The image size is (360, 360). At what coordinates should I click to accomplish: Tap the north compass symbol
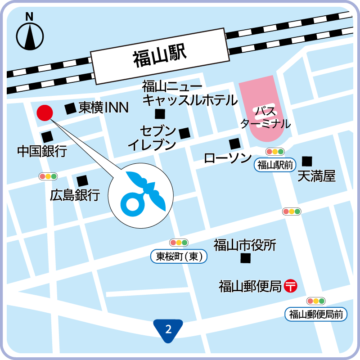point(30,33)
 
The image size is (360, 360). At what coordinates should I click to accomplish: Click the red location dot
point(45,112)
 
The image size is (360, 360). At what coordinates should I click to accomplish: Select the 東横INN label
point(103,108)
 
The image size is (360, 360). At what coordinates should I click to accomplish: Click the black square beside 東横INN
point(70,108)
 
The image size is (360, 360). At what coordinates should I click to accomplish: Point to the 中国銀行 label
point(42,151)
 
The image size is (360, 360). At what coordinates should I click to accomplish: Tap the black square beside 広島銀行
point(82,181)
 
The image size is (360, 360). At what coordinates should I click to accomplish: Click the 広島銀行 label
point(75,195)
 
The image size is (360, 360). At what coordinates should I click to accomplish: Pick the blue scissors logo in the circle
point(141,194)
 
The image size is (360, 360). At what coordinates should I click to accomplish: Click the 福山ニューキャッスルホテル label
point(189,93)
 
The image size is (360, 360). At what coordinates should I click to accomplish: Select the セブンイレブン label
point(152,138)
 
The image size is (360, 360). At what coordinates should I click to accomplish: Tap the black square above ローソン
point(234,144)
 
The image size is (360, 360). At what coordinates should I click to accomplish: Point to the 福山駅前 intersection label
point(275,165)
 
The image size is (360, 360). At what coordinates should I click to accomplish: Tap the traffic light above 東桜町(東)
point(179,243)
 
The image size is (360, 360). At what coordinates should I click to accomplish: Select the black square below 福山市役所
point(245,258)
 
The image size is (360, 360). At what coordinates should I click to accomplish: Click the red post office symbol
point(291,286)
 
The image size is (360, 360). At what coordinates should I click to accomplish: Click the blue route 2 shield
point(168,330)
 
